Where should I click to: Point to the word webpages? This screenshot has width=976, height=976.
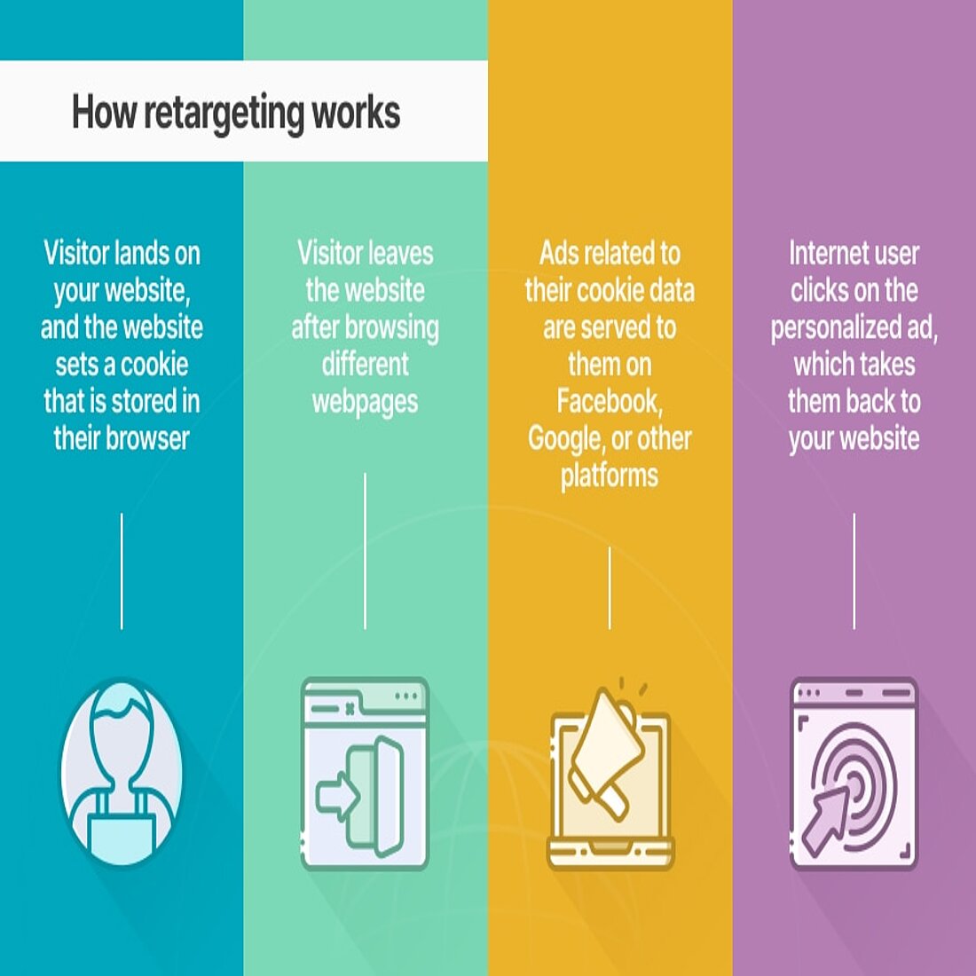coord(365,402)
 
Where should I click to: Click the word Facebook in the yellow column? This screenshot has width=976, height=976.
coord(609,401)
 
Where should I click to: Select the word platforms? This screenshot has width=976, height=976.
coord(609,476)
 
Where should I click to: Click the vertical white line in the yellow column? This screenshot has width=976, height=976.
coord(610,587)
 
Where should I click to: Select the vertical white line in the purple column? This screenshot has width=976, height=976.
coord(854,571)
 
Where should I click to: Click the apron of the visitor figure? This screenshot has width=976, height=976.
coord(122,830)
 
